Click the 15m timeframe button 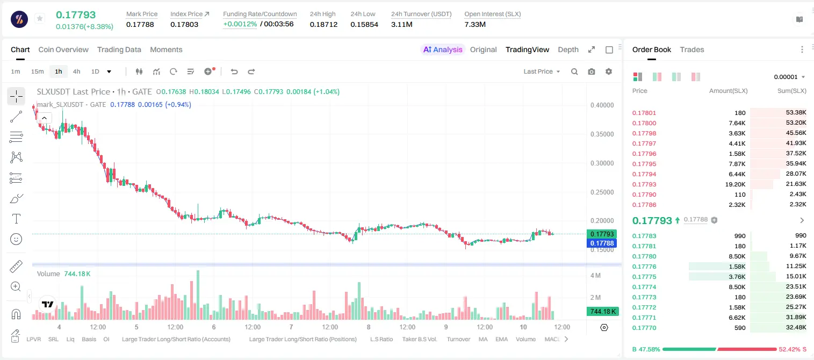pos(38,71)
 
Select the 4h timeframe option pos(76,71)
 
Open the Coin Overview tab pos(63,49)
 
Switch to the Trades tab pos(692,49)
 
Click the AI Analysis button pos(443,49)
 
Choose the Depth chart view pos(568,49)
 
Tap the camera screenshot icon pos(592,71)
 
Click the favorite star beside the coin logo pos(40,18)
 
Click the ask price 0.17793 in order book pos(644,184)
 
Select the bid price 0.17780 pos(644,256)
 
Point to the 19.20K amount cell pos(735,184)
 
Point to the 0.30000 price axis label pos(602,163)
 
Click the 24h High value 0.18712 pos(323,24)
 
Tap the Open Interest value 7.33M pos(475,24)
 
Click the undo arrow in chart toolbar pos(234,71)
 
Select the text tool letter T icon pos(16,219)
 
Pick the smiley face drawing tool pos(16,239)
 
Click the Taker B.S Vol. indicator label pos(419,339)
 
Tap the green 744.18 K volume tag pos(602,311)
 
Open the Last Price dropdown pos(542,71)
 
